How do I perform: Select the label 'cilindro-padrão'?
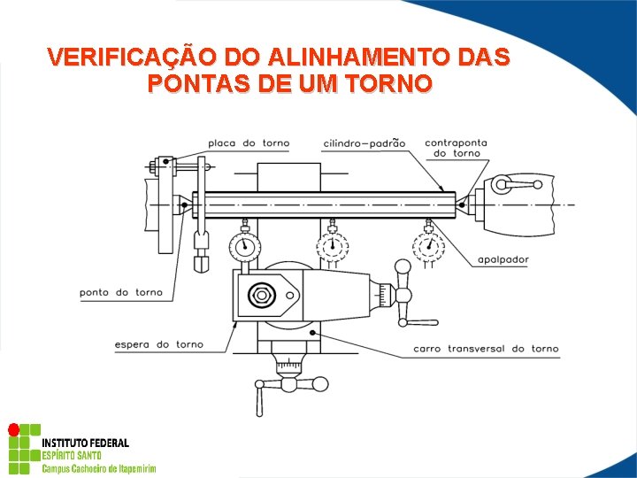click(364, 143)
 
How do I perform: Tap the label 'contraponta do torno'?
click(456, 147)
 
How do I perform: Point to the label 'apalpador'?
click(503, 259)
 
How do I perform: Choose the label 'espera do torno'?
click(159, 344)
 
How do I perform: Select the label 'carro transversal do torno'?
click(486, 349)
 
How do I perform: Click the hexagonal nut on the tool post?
click(262, 295)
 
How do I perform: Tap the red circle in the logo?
click(13, 430)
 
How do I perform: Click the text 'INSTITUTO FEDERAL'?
click(85, 443)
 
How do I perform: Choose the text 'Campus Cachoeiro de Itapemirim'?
click(99, 467)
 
